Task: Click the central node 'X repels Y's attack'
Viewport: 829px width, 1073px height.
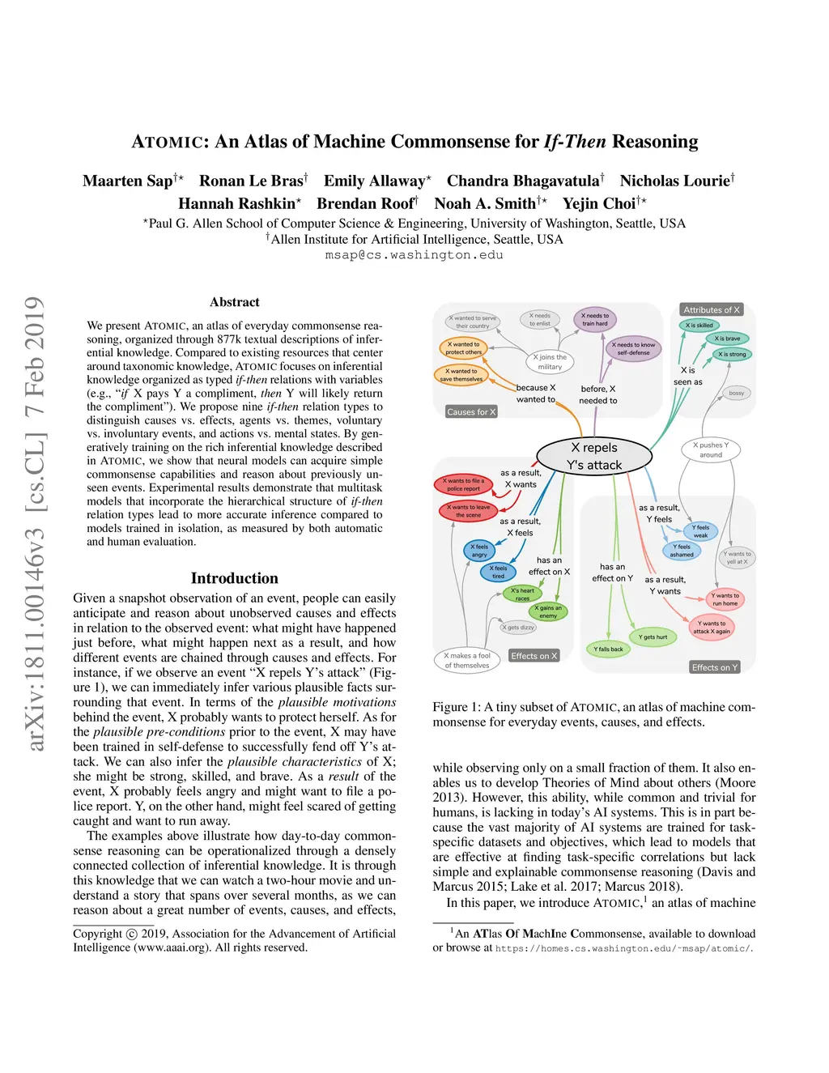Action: pyautogui.click(x=594, y=456)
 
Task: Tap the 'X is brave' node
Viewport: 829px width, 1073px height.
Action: pyautogui.click(x=727, y=339)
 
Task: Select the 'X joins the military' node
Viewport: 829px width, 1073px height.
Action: pyautogui.click(x=551, y=361)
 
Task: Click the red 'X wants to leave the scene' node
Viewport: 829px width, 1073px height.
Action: pyautogui.click(x=466, y=511)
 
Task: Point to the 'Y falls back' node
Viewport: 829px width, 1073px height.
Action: pyautogui.click(x=608, y=649)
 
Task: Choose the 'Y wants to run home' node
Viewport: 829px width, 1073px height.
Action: pyautogui.click(x=725, y=599)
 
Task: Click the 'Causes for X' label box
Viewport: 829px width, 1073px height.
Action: pyautogui.click(x=471, y=412)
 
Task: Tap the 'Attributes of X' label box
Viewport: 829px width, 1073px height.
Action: pyautogui.click(x=711, y=310)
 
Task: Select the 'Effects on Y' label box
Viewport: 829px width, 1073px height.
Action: pyautogui.click(x=714, y=667)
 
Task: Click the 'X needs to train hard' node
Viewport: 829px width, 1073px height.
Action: pyautogui.click(x=595, y=320)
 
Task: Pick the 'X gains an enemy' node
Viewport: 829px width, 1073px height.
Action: pyautogui.click(x=548, y=611)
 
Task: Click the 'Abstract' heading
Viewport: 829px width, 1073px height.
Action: pyautogui.click(x=234, y=302)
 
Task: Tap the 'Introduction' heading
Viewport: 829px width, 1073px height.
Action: pyautogui.click(x=234, y=578)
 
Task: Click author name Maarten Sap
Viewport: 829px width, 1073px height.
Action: pyautogui.click(x=128, y=181)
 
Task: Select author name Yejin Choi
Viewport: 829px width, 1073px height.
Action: pyautogui.click(x=599, y=203)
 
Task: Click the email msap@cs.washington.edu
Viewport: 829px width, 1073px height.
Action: pyautogui.click(x=414, y=255)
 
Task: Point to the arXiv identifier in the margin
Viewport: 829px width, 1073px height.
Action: pyautogui.click(x=34, y=522)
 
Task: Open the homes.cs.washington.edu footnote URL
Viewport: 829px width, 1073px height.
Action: pyautogui.click(x=623, y=948)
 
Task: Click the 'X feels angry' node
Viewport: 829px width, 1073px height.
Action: pyautogui.click(x=479, y=551)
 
